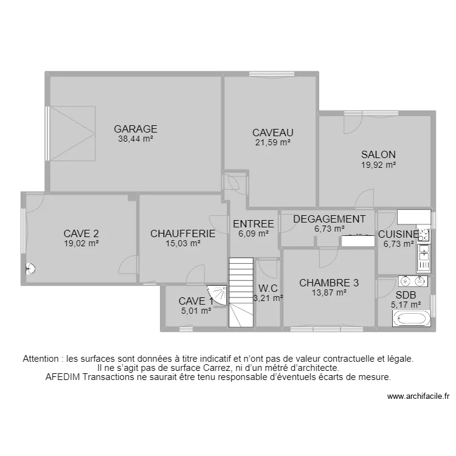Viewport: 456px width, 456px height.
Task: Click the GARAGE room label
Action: point(136,129)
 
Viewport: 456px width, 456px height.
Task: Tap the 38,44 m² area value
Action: point(136,139)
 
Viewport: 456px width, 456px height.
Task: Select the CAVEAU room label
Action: point(273,133)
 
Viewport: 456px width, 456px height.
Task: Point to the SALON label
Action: point(378,154)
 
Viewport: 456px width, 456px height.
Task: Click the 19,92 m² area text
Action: point(378,164)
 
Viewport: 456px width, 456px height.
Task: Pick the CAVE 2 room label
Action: point(81,233)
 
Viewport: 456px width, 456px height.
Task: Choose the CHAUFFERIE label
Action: point(183,233)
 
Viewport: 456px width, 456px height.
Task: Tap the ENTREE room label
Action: point(254,224)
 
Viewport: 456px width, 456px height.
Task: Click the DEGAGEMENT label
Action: point(330,219)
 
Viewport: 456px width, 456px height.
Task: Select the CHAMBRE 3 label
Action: point(329,283)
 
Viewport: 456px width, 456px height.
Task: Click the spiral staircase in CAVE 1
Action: point(216,297)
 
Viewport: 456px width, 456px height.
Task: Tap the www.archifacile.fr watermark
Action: point(418,396)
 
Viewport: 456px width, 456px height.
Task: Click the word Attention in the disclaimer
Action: point(43,359)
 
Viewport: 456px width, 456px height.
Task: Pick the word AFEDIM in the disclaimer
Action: point(65,376)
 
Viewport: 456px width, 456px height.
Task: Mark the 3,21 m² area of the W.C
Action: point(268,298)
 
